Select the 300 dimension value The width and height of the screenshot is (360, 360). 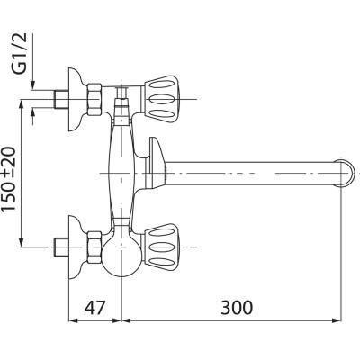click(x=237, y=308)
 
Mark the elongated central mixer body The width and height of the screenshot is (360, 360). click(x=123, y=166)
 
